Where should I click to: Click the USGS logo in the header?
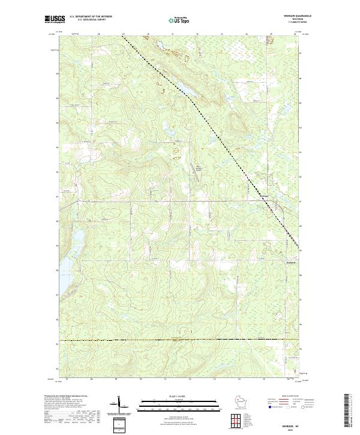point(53,19)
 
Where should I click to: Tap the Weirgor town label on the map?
point(266,196)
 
